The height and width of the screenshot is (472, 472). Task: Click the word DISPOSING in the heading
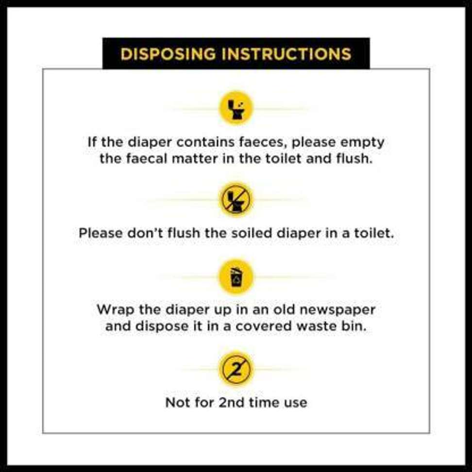[x=169, y=54]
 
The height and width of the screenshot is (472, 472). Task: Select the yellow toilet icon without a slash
[x=236, y=108]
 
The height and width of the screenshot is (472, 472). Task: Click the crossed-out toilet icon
[x=236, y=199]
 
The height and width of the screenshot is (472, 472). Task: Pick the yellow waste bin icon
[x=236, y=277]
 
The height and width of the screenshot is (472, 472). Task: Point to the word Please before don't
[x=101, y=233]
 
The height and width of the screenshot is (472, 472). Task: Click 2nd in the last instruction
[x=231, y=403]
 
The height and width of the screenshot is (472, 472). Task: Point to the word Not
[x=176, y=403]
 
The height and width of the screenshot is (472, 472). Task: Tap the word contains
[x=205, y=142]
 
